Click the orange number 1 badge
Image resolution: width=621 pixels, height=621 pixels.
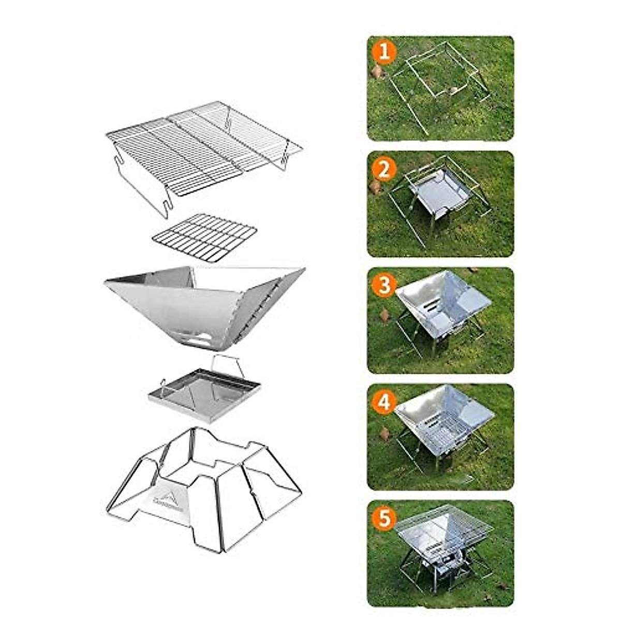tap(383, 52)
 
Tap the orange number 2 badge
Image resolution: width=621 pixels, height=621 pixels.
tap(383, 169)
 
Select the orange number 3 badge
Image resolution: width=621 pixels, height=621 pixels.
tap(383, 285)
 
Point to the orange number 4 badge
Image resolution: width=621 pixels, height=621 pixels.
tap(383, 402)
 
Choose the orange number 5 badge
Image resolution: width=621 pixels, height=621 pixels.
tap(383, 518)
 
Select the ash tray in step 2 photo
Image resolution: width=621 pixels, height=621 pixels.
tap(440, 194)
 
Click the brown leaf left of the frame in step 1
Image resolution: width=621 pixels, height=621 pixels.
tap(377, 72)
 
